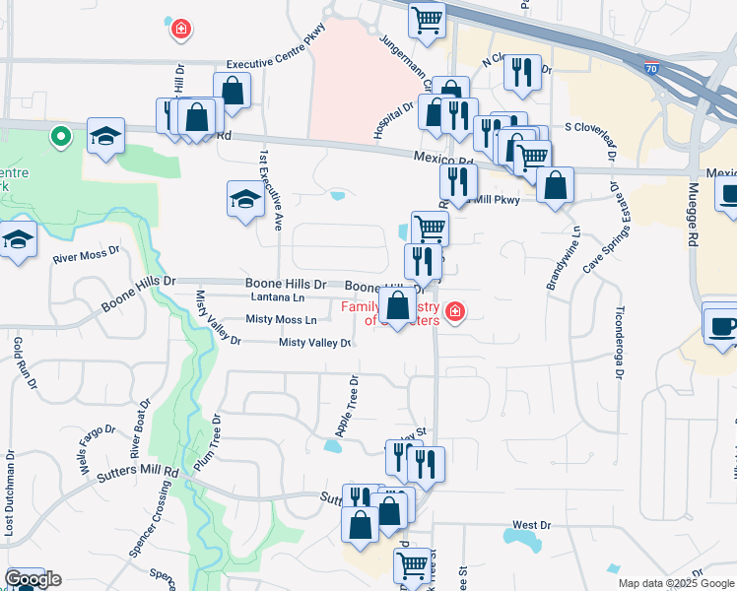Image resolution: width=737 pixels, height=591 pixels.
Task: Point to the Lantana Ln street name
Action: [279, 296]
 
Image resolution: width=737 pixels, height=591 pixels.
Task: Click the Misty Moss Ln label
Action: [282, 320]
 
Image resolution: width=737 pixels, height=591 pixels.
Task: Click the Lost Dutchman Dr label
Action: [10, 493]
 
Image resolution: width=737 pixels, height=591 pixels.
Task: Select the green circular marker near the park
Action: [61, 137]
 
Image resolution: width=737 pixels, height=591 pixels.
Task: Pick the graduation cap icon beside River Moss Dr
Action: [18, 241]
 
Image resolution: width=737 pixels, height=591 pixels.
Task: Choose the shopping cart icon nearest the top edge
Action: [426, 19]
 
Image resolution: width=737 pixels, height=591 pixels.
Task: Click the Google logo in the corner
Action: [32, 580]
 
